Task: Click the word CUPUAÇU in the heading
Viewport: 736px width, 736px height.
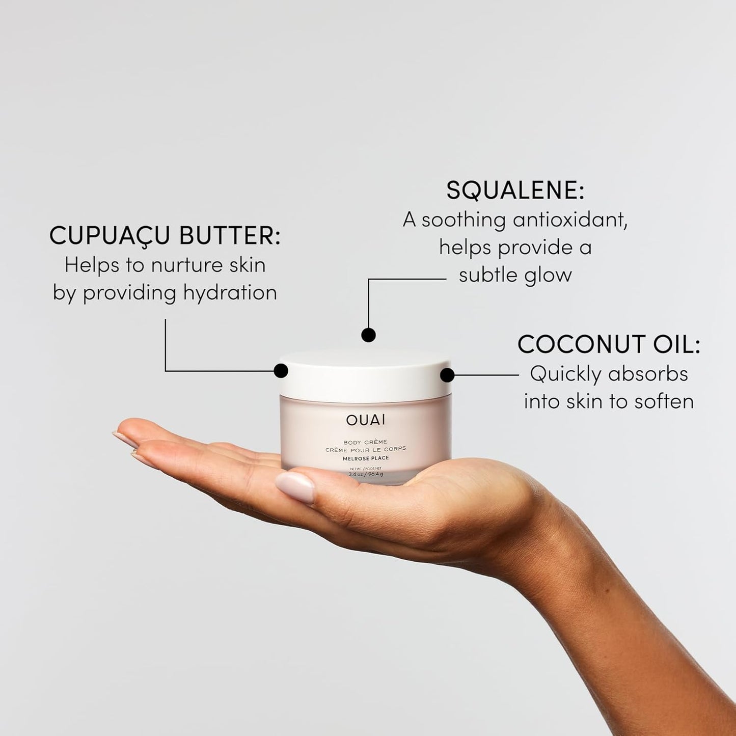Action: [109, 236]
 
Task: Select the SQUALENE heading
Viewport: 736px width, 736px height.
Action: [515, 191]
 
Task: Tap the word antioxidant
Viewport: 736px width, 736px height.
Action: [570, 220]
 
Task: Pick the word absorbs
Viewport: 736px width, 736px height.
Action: [648, 374]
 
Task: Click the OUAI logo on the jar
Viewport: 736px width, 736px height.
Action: [366, 420]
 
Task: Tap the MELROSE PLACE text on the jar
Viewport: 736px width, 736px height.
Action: [365, 458]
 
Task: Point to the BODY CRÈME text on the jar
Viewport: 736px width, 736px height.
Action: [365, 442]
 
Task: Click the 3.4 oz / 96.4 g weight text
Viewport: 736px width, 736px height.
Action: [365, 474]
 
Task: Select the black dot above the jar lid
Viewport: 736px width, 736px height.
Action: [368, 335]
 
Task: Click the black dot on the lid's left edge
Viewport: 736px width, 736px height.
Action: [281, 371]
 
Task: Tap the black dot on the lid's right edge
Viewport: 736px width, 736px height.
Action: [447, 375]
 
